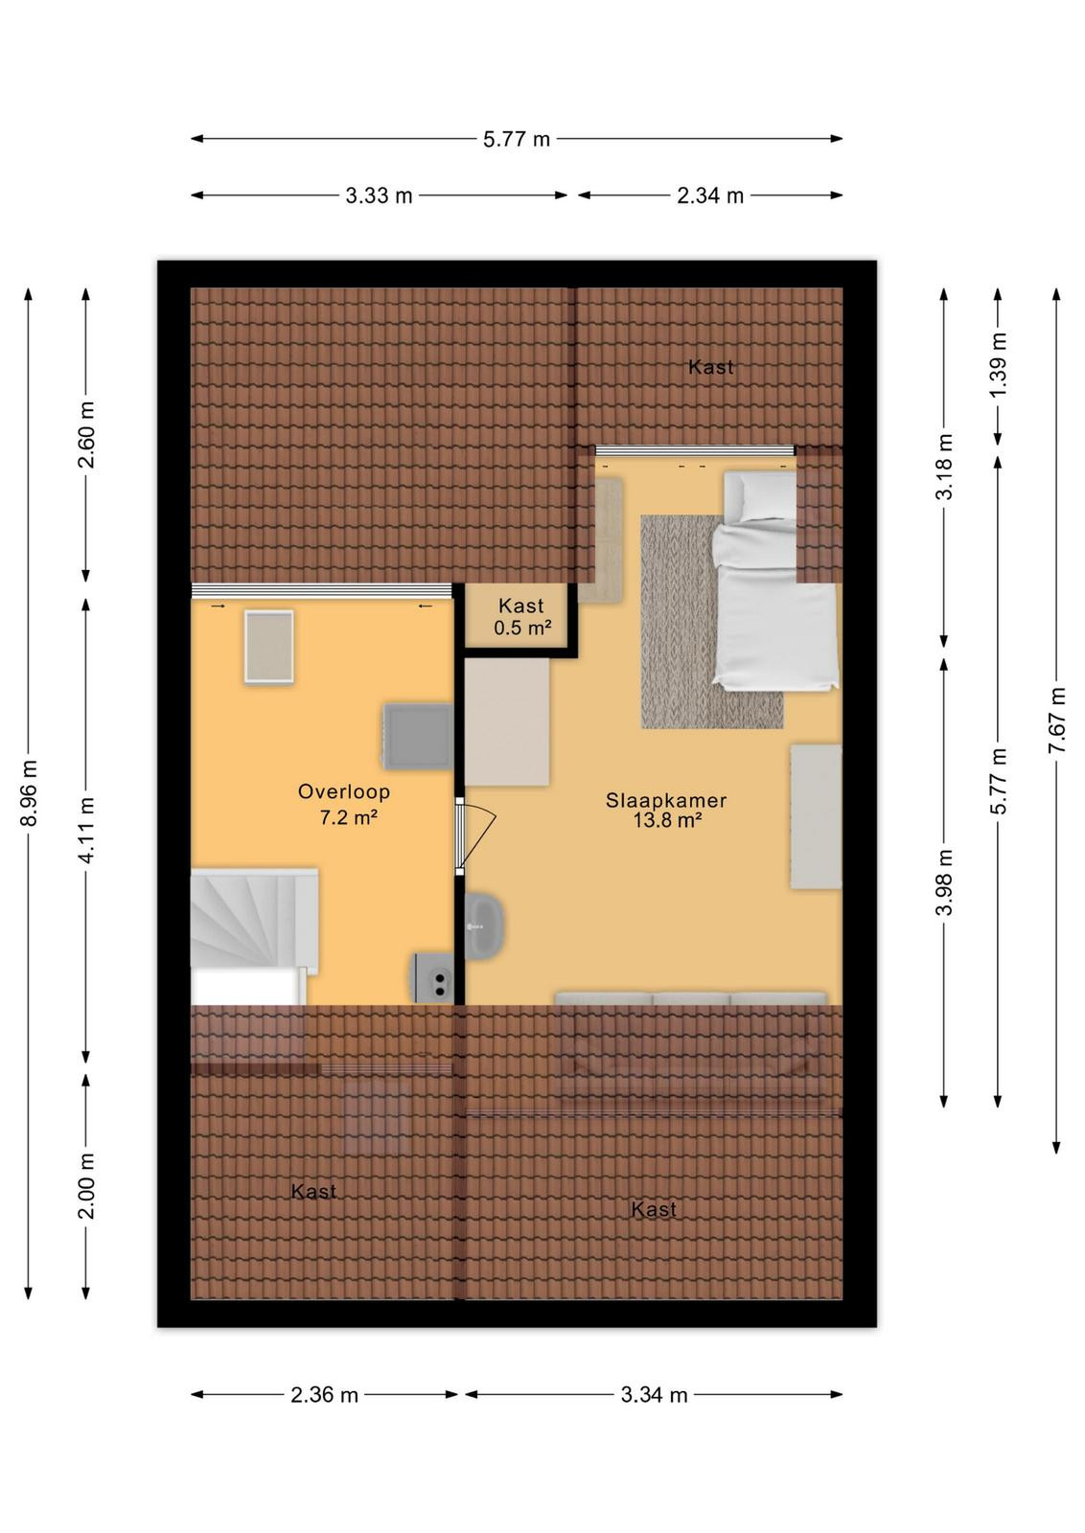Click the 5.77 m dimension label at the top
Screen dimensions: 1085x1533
tap(517, 139)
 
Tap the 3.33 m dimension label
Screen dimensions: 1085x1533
tap(379, 195)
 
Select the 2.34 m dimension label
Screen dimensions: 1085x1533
tap(710, 195)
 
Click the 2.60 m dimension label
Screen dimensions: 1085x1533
tap(86, 435)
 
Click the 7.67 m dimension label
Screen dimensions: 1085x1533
tap(1057, 721)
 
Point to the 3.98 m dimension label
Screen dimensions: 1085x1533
tap(945, 882)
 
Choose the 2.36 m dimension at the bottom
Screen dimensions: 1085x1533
tap(325, 1395)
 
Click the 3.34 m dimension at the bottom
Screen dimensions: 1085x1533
tap(654, 1395)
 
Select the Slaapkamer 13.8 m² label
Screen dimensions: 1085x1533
tap(666, 810)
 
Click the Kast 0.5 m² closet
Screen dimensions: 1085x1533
tap(521, 615)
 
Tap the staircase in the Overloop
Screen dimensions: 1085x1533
tap(254, 935)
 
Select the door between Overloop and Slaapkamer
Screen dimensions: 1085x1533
tap(475, 836)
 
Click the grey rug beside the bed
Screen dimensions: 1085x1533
tap(712, 622)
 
